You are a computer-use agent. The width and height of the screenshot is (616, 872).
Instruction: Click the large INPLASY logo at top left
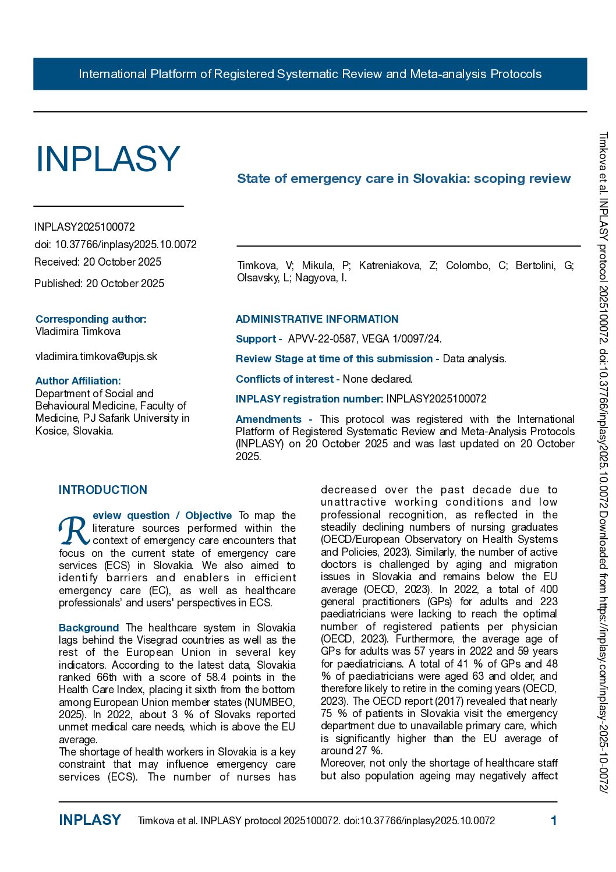pos(108,159)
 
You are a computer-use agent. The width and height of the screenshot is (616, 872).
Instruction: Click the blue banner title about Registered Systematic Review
pos(310,74)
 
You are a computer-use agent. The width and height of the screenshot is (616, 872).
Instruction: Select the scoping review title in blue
pos(403,179)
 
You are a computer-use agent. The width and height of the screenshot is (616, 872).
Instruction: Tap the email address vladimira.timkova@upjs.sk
pos(96,356)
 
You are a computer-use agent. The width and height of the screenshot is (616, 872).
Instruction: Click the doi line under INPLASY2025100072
pos(115,245)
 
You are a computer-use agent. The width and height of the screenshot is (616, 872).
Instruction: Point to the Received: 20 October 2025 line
pos(98,262)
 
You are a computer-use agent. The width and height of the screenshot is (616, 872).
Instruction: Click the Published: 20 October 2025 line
pos(99,284)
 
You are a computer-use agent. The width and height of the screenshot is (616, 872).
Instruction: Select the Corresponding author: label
pos(91,319)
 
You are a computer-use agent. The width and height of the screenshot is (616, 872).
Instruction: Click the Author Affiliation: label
pos(78,381)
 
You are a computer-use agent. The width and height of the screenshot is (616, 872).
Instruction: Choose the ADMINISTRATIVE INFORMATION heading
pos(317,319)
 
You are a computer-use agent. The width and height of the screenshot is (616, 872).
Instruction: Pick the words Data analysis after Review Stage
pos(474,359)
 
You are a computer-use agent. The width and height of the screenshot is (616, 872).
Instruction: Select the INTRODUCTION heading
pos(103,490)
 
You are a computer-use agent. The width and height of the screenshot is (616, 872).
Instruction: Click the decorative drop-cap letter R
pos(74,531)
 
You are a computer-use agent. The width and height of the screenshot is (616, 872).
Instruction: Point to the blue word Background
pos(88,628)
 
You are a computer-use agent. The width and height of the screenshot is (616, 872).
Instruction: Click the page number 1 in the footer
pos(554,821)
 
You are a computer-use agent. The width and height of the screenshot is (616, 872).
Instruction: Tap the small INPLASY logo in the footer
pos(90,820)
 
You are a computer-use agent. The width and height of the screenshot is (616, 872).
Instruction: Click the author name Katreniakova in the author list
pos(397,266)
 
